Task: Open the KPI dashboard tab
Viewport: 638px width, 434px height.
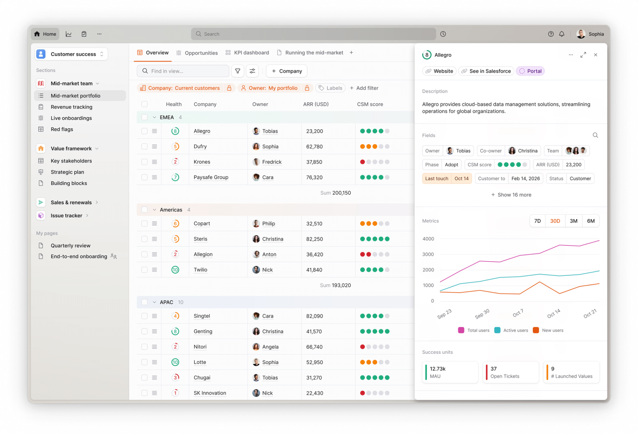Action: tap(247, 53)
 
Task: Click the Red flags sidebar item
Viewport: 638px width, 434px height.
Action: tap(62, 129)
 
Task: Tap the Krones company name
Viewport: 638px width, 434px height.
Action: tap(202, 162)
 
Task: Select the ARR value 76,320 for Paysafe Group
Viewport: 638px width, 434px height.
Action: tap(314, 177)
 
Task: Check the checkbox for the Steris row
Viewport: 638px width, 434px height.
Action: tap(145, 239)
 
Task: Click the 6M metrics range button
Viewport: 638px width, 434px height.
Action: tap(590, 221)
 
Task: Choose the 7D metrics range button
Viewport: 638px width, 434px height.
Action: tap(537, 221)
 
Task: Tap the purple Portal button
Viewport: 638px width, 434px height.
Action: tap(530, 71)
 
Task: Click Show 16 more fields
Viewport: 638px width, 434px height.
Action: tap(511, 195)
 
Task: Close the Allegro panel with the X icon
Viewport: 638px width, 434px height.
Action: tap(596, 55)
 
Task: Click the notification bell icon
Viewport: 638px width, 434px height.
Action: tap(562, 34)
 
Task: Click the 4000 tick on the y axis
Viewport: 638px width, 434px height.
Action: tap(428, 239)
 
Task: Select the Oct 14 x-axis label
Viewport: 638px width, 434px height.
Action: tap(553, 313)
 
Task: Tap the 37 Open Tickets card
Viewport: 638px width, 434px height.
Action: tap(510, 372)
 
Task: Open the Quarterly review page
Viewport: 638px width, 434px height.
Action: tap(71, 245)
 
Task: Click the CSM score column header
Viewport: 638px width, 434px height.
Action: tap(370, 104)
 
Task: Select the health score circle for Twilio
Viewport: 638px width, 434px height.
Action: tap(175, 270)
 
